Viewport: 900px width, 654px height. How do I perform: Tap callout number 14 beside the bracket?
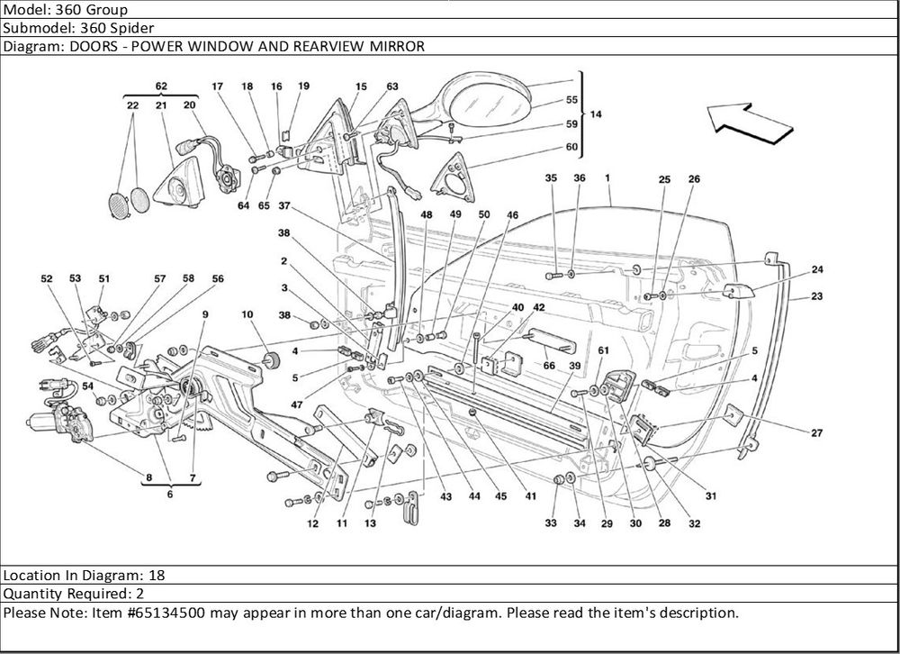tap(597, 114)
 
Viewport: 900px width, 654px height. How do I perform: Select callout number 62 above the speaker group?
tap(161, 86)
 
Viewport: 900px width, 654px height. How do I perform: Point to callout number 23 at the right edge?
tap(816, 296)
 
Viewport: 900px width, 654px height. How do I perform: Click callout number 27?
tap(816, 433)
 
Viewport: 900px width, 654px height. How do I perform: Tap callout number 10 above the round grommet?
tap(247, 314)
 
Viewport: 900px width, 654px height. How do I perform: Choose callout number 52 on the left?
tap(47, 279)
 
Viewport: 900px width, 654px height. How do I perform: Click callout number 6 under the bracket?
tap(169, 494)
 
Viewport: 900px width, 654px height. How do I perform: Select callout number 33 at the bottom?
tap(552, 523)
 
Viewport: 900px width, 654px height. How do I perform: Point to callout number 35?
tap(551, 179)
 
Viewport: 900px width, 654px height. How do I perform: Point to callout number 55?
tap(571, 100)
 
